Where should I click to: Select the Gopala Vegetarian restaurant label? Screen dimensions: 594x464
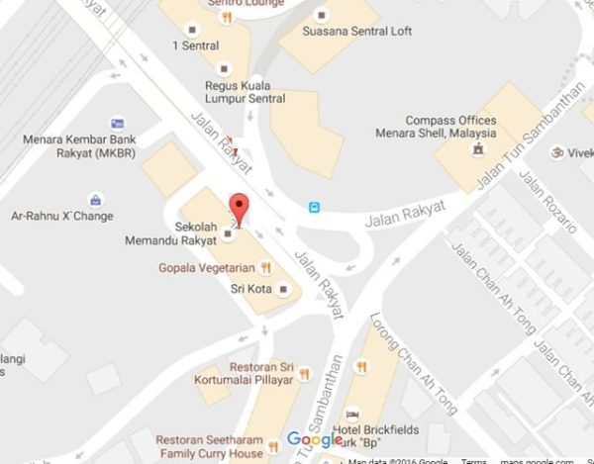pyautogui.click(x=208, y=267)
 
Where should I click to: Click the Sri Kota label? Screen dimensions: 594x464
pyautogui.click(x=251, y=289)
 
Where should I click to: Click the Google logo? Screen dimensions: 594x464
pyautogui.click(x=315, y=439)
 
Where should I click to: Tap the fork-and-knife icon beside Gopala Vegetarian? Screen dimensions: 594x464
pyautogui.click(x=265, y=267)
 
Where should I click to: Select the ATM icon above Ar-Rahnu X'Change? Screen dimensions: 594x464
pyautogui.click(x=95, y=199)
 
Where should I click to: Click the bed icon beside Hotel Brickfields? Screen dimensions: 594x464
pyautogui.click(x=351, y=415)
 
